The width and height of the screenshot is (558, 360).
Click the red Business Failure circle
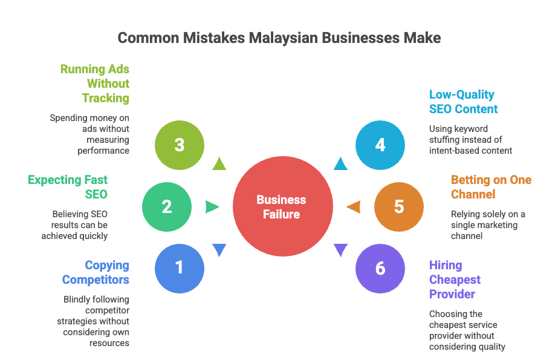coord(282,206)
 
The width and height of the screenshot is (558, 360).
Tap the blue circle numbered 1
coord(179,267)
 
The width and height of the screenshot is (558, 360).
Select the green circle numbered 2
coord(166,207)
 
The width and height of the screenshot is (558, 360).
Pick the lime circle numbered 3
coord(179,145)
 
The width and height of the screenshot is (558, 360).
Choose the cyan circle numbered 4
coord(380,145)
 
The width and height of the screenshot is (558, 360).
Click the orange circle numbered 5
coord(398,207)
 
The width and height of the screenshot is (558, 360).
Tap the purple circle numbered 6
coord(380,267)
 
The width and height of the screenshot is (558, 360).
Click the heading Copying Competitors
coord(96,272)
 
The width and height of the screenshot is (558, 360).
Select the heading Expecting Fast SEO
coord(68,187)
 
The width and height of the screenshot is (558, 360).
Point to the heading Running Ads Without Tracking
coord(95,83)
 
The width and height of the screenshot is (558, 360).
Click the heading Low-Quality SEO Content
coord(463,102)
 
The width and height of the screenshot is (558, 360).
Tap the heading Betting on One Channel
coord(491,187)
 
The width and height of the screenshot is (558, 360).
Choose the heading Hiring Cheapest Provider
coord(455,280)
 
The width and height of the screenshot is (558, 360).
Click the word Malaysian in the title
coord(282,38)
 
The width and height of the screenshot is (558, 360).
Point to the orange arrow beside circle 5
coord(354,207)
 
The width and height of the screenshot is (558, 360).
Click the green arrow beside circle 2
coord(212,207)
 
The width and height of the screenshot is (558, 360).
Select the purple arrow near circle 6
coord(341,249)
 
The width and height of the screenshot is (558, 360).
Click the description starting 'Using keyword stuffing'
coord(470,140)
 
